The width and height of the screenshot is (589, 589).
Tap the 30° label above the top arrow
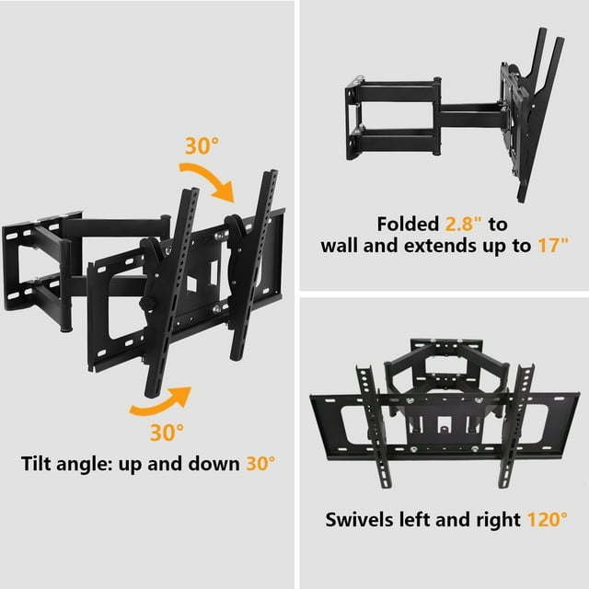coord(202,145)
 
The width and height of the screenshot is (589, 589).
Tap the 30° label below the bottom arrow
coord(167,433)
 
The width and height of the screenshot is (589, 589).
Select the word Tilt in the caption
coord(35,464)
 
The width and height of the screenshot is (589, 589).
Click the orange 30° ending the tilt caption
coord(260,464)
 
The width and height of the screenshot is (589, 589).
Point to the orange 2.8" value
coord(463,225)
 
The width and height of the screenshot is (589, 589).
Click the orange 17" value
coord(553,246)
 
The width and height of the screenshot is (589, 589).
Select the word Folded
coord(408,225)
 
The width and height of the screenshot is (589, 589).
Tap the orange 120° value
coord(548,520)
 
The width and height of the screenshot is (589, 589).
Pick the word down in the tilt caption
coord(214,464)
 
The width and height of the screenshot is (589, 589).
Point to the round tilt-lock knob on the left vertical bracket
coord(144,303)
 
